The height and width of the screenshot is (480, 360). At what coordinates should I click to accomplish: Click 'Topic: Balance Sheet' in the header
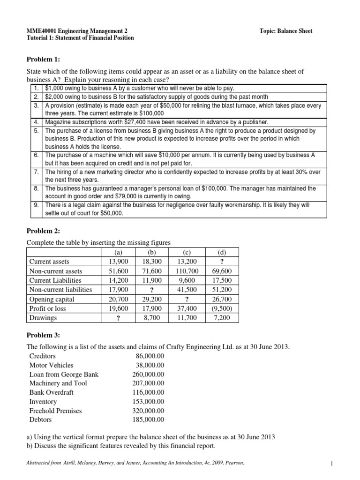point(286,31)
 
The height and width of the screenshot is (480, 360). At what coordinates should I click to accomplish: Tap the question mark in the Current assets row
point(222,262)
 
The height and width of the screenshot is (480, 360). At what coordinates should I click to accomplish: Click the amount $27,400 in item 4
point(128,122)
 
